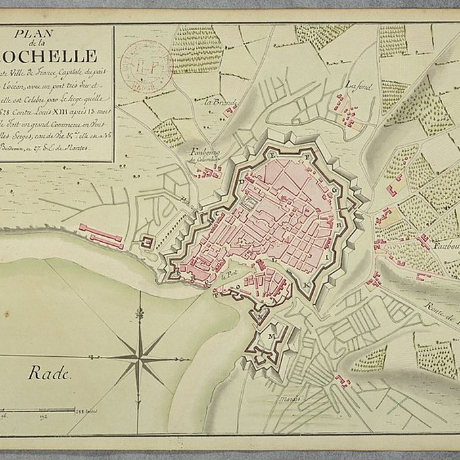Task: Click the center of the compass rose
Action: click(x=140, y=357)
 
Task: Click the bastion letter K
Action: click(x=307, y=285)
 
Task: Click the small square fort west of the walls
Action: click(x=149, y=242)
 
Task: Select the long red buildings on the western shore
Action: click(x=102, y=237)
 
